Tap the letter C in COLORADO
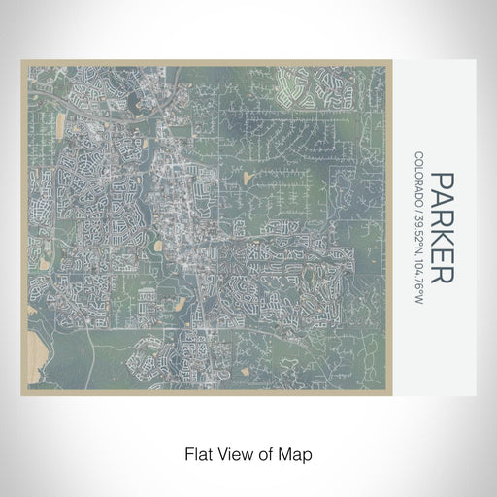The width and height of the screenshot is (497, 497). (x=418, y=155)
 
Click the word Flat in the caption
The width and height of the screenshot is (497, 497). (x=196, y=453)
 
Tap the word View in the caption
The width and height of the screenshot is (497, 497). (x=235, y=453)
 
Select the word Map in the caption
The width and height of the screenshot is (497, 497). (x=299, y=453)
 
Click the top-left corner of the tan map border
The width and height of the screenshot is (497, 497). (x=21, y=61)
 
